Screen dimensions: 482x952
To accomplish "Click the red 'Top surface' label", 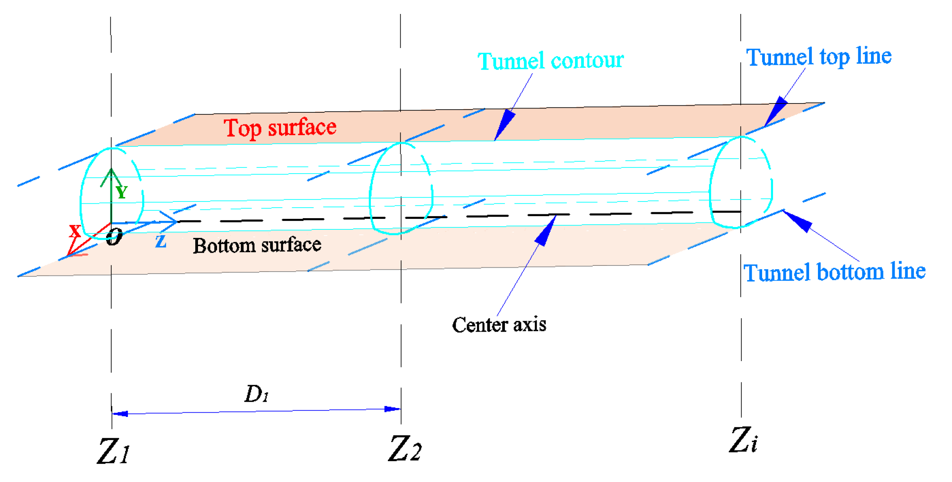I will tap(280, 128).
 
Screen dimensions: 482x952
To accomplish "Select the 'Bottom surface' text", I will tap(257, 245).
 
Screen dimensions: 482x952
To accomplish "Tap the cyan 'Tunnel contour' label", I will tap(550, 61).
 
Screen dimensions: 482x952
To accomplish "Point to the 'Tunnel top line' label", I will tap(818, 57).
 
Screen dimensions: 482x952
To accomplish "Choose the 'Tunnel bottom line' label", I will tap(834, 272).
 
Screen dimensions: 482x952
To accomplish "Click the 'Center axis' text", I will tap(499, 325).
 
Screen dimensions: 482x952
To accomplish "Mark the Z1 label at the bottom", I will tap(113, 451).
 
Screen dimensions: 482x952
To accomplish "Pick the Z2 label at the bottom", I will tap(405, 448).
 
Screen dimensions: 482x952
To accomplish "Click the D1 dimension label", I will tap(257, 394).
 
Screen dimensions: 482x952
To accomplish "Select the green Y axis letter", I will tap(122, 192).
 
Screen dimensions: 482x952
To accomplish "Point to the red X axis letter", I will tap(75, 231).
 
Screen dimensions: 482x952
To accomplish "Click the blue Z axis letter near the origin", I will tap(161, 241).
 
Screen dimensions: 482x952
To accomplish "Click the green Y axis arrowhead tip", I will tap(111, 170).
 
